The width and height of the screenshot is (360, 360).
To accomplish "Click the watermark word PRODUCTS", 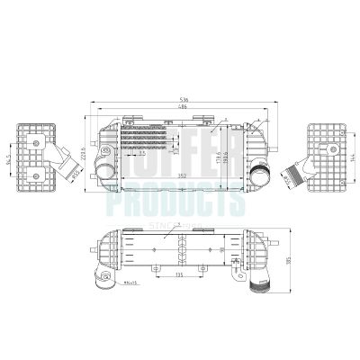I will [176, 203].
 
